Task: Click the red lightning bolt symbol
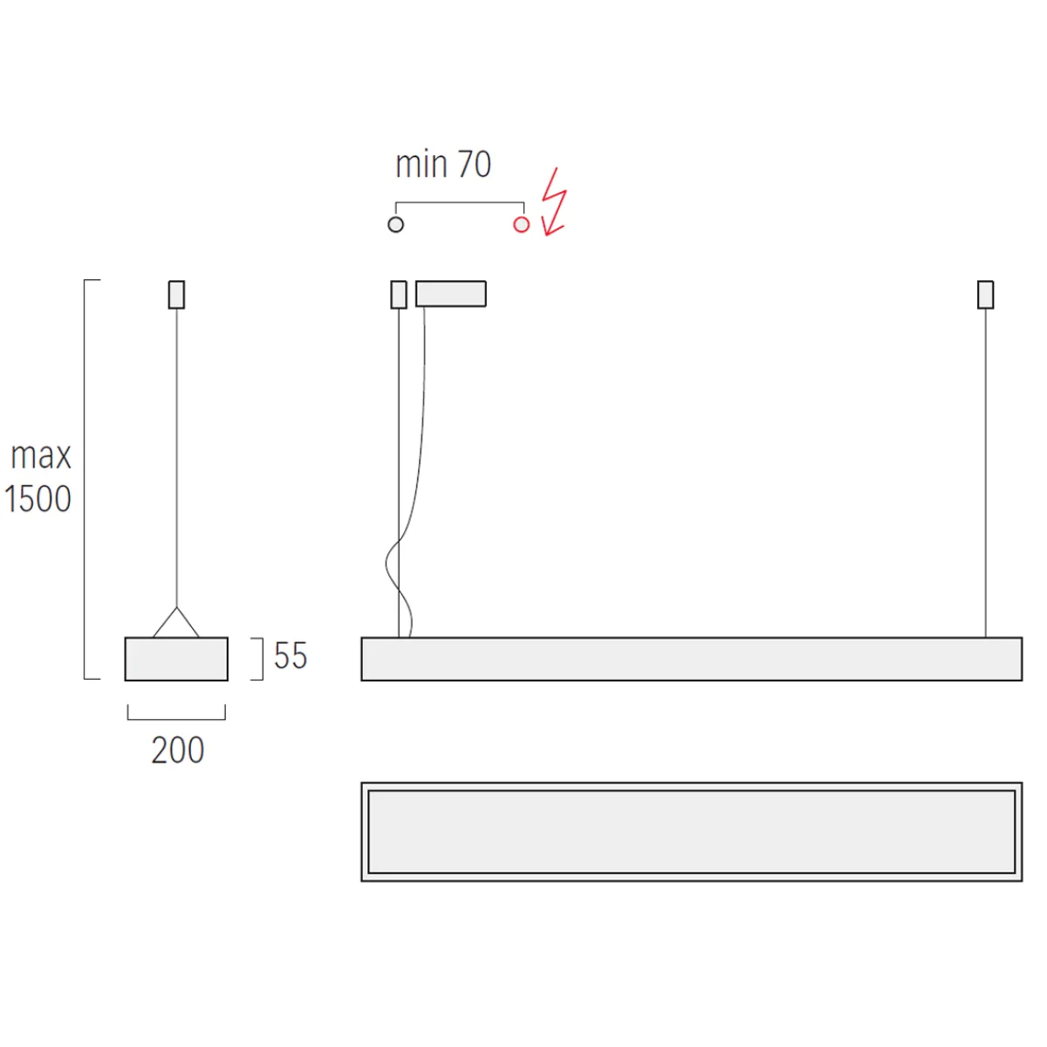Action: click(x=553, y=203)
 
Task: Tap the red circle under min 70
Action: click(x=522, y=224)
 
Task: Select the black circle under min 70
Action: click(x=396, y=224)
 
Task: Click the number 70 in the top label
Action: click(x=474, y=164)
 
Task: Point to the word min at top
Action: click(x=421, y=164)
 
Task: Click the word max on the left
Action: click(x=41, y=455)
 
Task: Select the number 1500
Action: click(x=38, y=499)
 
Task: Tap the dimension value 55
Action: click(x=291, y=656)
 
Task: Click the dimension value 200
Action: click(x=177, y=750)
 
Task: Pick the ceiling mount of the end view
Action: click(x=176, y=295)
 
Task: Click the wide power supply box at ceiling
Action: click(x=451, y=294)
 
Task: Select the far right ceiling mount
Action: click(x=986, y=295)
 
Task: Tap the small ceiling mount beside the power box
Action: click(x=399, y=295)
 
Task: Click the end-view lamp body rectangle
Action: click(x=176, y=659)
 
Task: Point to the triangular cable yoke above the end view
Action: click(x=176, y=623)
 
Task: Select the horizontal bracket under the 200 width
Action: click(x=176, y=718)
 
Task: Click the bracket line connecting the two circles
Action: click(x=460, y=203)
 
